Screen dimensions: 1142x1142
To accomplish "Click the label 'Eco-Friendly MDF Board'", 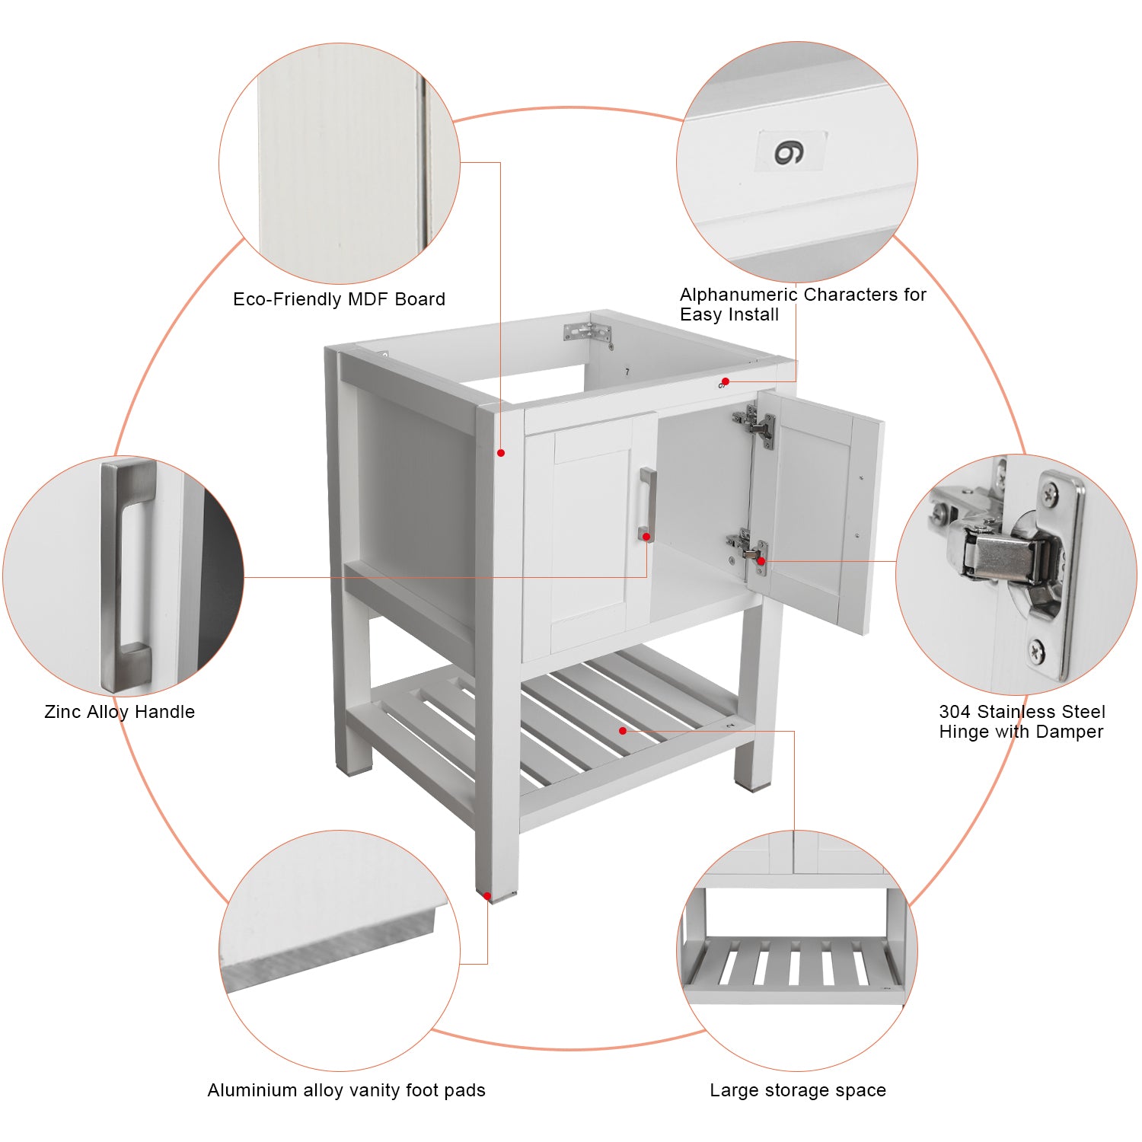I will pos(339,299).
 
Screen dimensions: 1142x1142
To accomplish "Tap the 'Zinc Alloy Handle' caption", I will pos(120,712).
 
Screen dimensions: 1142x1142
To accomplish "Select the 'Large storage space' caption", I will pos(797,1090).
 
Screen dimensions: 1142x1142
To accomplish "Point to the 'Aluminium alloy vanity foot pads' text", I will pos(346,1090).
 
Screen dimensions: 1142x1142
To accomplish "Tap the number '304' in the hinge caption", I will pos(955,712).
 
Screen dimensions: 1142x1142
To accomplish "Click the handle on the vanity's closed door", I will pos(647,502).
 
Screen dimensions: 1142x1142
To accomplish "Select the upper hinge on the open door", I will pos(754,425).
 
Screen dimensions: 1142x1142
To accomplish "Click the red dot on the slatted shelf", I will pos(623,731).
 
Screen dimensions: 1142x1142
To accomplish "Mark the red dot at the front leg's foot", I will pos(487,896).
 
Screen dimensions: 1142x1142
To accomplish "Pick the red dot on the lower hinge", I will pos(761,561).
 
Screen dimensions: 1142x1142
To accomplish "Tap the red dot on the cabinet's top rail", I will pos(726,381).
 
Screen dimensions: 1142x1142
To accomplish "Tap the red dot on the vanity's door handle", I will pos(646,538).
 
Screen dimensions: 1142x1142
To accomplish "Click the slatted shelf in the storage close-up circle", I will pos(792,963).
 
